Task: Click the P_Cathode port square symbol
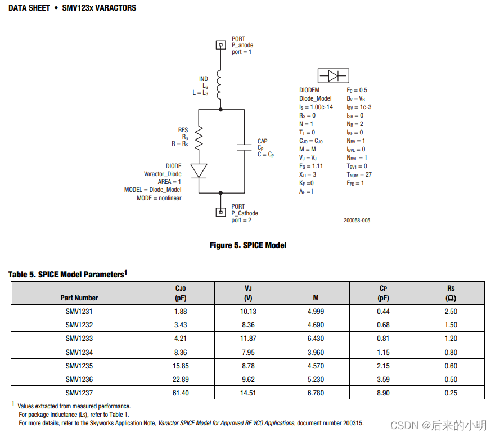click(220, 212)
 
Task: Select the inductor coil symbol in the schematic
click(220, 86)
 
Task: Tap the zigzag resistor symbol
click(199, 137)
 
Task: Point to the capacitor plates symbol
click(244, 147)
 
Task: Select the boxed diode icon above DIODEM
click(333, 76)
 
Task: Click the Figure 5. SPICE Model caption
click(248, 245)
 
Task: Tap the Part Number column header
click(79, 298)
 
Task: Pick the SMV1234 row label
click(79, 352)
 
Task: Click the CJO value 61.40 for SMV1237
click(181, 393)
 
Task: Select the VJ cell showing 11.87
click(248, 339)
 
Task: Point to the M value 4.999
click(316, 312)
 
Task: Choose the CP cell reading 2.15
click(383, 366)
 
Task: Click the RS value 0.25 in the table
click(451, 393)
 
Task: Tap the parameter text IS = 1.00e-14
click(316, 107)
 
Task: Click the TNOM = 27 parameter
click(359, 174)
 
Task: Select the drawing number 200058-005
click(357, 221)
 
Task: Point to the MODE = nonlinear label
click(159, 198)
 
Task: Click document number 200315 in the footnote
click(353, 422)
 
